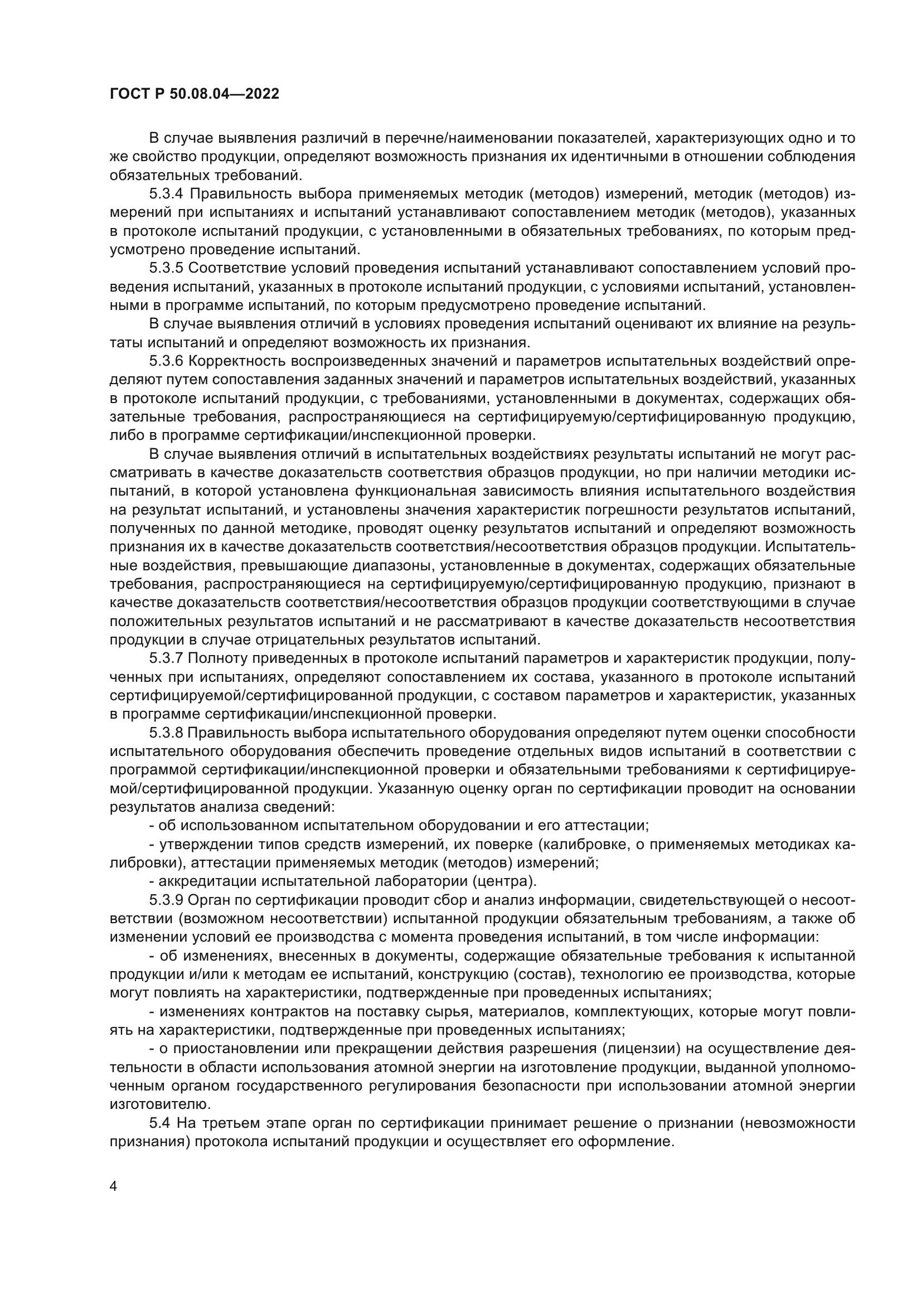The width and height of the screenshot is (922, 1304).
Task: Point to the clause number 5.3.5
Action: pos(166,269)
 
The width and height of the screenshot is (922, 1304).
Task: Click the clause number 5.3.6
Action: pos(166,362)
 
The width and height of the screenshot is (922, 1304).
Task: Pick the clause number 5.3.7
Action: pos(166,659)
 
